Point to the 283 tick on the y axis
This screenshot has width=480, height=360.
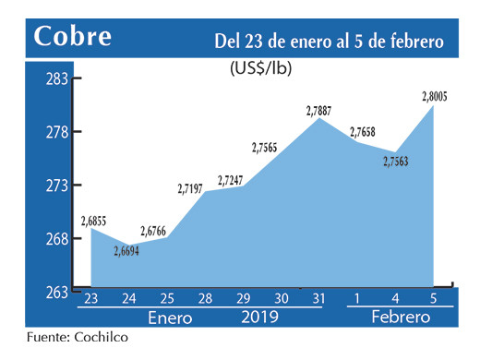click(x=57, y=79)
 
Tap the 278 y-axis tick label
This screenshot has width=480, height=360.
click(x=57, y=133)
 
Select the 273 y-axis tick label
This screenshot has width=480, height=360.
click(x=57, y=186)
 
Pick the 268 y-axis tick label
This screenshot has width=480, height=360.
click(x=57, y=239)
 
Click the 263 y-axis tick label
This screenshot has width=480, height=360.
click(x=57, y=292)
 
